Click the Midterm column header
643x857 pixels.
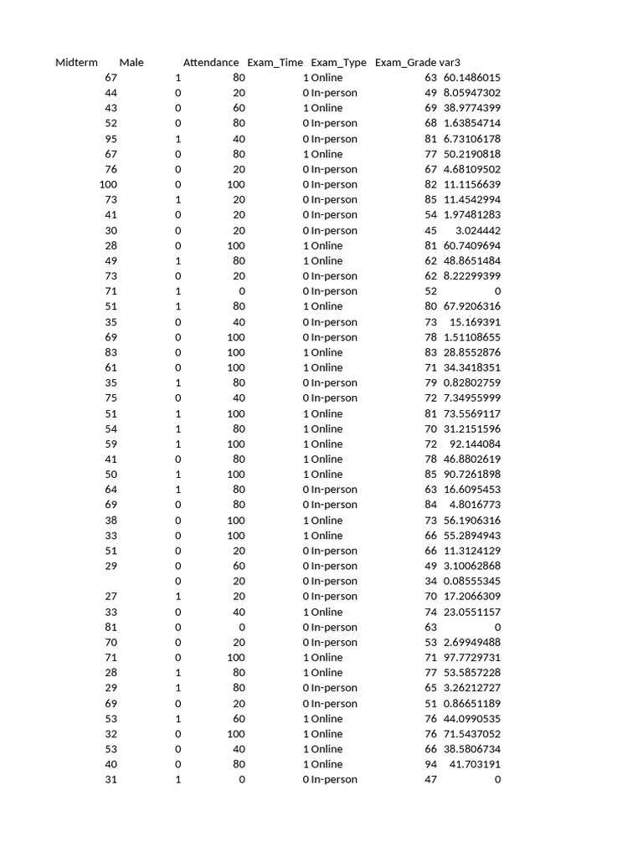[x=76, y=63]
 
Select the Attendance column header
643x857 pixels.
[x=211, y=63]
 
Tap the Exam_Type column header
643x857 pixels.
[x=338, y=63]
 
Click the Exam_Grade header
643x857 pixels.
[x=405, y=63]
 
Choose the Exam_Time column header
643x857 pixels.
[x=275, y=63]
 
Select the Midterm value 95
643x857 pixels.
[x=111, y=139]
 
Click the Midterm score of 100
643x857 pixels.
[x=108, y=184]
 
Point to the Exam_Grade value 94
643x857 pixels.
[x=430, y=764]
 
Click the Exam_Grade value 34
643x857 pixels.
[x=430, y=581]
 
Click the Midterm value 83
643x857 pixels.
[x=111, y=352]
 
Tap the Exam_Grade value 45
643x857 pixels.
[x=430, y=230]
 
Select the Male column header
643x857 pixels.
[x=131, y=63]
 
